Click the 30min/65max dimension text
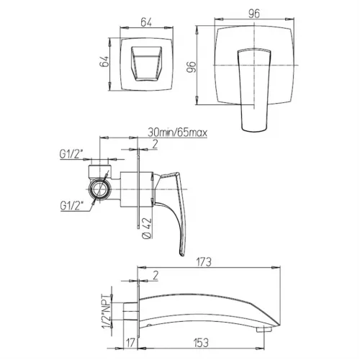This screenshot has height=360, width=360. coord(177,132)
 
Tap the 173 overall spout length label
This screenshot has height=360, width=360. coord(204,262)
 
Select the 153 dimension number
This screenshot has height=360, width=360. coord(201,343)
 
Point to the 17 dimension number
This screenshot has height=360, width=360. coord(131,343)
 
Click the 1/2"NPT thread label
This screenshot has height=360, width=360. coord(109,311)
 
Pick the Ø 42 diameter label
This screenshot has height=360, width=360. coord(147,228)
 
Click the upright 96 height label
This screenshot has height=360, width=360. coord(192,66)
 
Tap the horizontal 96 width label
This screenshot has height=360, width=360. coord(254,14)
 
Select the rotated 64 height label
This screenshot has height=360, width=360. coord(104,61)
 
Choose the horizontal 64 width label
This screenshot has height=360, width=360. coord(146,22)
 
